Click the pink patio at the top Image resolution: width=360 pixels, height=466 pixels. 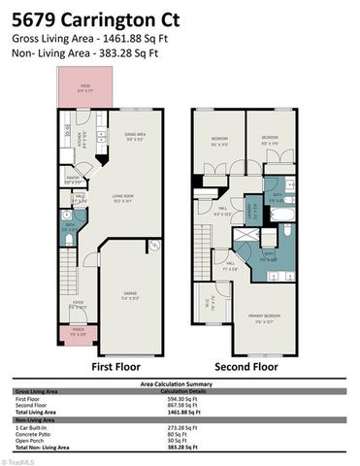(x=84, y=93)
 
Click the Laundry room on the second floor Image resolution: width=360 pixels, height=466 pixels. (x=248, y=208)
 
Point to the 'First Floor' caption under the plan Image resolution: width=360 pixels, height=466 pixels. (x=115, y=368)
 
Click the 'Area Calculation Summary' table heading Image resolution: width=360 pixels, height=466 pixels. (x=180, y=384)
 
